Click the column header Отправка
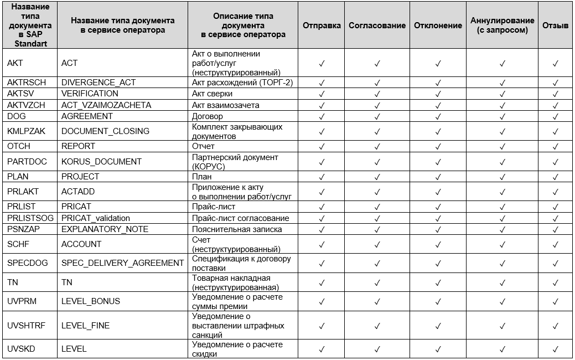tap(322, 25)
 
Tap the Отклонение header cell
tap(438, 25)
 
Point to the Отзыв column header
tap(556, 25)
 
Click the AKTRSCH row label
tap(27, 83)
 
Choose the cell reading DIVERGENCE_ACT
tap(99, 83)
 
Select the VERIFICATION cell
tap(90, 94)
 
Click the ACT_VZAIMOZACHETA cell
tap(106, 105)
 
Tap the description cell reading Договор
tap(208, 116)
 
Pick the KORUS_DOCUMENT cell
tap(101, 161)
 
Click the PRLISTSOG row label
tap(30, 218)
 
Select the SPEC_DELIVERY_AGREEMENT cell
tap(122, 263)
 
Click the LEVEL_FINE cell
tap(85, 326)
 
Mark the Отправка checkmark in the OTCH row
tap(322, 146)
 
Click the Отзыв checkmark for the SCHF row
tap(556, 244)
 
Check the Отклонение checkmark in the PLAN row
tap(438, 177)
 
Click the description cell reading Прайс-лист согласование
tap(240, 218)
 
